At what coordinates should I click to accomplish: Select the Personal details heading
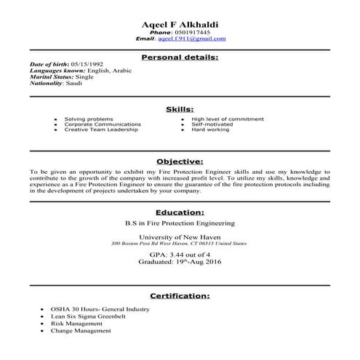[x=180, y=56]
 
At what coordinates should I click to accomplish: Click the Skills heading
[x=180, y=108]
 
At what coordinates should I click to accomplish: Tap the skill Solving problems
[x=89, y=119]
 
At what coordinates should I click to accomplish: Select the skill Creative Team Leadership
[x=99, y=129]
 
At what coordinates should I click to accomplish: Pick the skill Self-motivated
[x=213, y=124]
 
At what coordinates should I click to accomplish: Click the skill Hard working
[x=210, y=129]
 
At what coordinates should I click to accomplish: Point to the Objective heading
[x=180, y=161]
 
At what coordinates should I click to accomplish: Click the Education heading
[x=180, y=212]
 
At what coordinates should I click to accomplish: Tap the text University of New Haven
[x=180, y=238]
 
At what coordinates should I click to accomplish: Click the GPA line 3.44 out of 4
[x=180, y=255]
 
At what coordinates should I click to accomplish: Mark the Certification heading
[x=180, y=296]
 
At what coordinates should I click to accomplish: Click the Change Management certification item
[x=81, y=331]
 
